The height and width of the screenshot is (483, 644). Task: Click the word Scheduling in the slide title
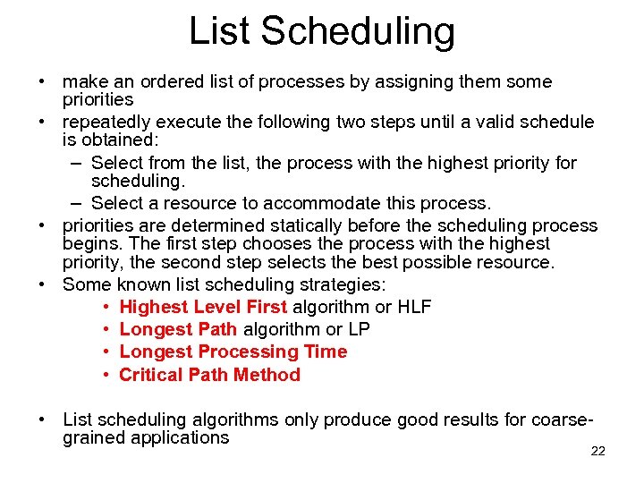tap(359, 32)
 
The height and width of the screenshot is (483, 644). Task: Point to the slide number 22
tap(598, 451)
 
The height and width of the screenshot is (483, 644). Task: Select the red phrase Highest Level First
tap(203, 307)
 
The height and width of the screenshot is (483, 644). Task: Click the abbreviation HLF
tap(414, 307)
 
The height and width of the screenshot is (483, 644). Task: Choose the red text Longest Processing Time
tap(233, 352)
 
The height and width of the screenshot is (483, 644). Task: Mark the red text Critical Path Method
tap(209, 375)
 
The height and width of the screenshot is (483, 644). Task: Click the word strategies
tap(340, 284)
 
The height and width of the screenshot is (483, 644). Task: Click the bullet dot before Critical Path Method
tap(106, 375)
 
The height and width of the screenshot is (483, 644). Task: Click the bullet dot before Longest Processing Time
tap(106, 352)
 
